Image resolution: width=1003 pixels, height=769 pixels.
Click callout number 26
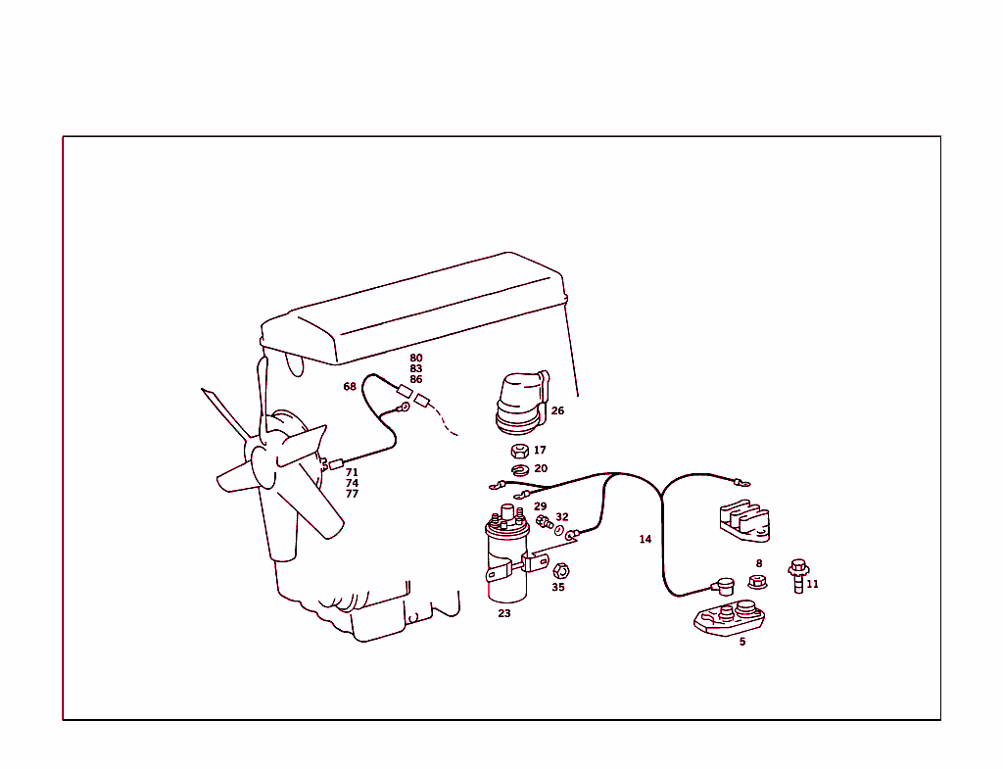(x=557, y=411)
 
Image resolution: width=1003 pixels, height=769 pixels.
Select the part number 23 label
(x=503, y=614)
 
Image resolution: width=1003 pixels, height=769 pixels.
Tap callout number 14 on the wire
(x=645, y=540)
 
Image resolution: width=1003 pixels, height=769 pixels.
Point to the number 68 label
(x=350, y=387)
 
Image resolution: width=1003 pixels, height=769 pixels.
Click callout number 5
(x=741, y=643)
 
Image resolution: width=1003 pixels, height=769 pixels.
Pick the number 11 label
(x=812, y=585)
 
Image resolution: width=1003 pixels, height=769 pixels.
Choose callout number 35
(x=557, y=588)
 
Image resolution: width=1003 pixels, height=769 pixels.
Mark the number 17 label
(x=540, y=451)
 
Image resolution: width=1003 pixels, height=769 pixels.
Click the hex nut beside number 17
(x=520, y=452)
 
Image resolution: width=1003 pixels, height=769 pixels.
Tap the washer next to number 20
(x=520, y=469)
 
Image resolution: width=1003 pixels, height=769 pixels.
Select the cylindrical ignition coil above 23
(x=505, y=558)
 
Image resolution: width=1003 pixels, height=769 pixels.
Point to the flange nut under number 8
(x=757, y=582)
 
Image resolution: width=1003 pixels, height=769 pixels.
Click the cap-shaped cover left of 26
(x=519, y=404)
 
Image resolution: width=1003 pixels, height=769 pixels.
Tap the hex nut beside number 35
(x=561, y=570)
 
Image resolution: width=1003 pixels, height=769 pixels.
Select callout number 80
(x=416, y=359)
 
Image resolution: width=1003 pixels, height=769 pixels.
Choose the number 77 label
(x=352, y=495)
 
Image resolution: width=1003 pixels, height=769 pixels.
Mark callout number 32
(x=561, y=517)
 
